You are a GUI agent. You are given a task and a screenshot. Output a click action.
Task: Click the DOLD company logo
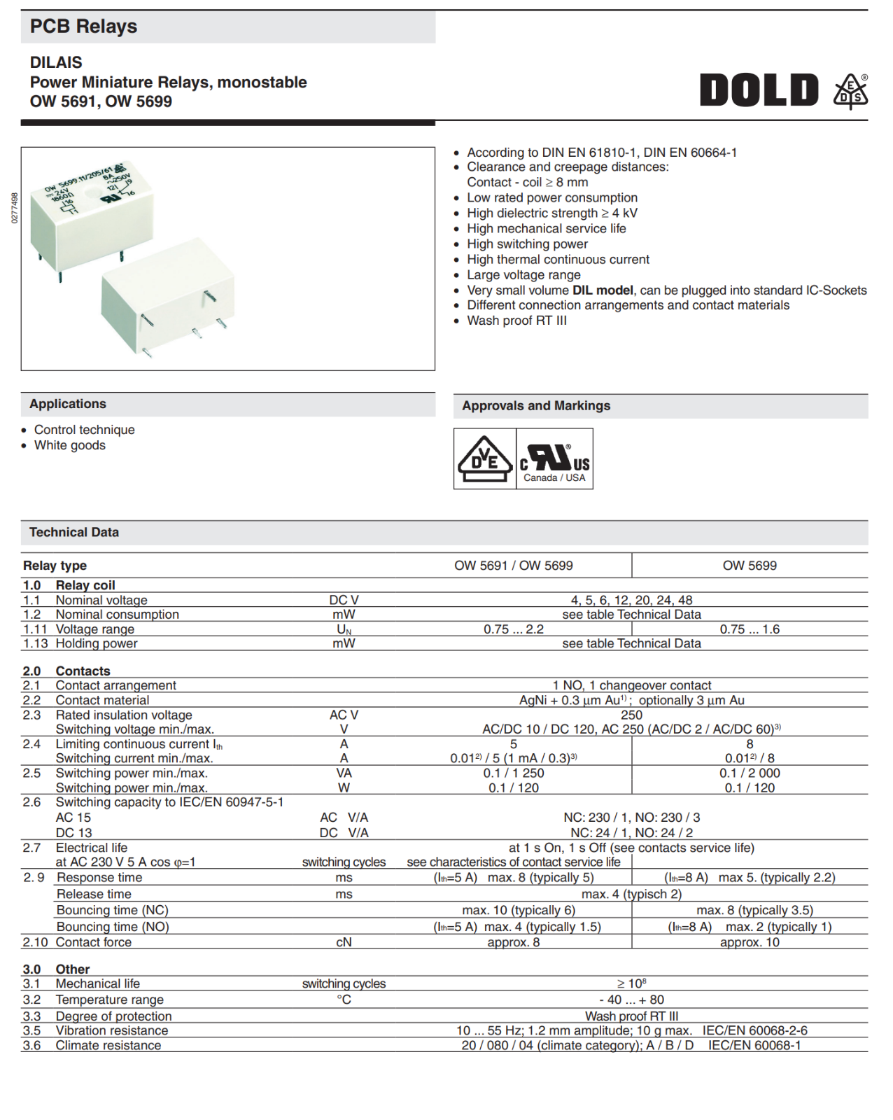[759, 90]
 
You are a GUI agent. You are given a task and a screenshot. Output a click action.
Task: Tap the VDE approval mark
[484, 458]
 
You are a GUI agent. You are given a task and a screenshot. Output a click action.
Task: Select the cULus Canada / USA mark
[554, 459]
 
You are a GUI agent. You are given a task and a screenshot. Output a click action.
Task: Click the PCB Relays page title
[83, 27]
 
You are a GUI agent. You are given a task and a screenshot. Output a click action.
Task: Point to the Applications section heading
[68, 404]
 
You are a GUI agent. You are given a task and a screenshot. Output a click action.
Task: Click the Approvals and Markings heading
[536, 406]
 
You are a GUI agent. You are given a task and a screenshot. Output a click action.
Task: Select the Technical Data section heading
[74, 533]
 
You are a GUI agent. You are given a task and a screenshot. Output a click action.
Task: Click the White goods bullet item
[70, 445]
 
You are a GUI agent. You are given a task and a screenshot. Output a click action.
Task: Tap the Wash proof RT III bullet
[516, 321]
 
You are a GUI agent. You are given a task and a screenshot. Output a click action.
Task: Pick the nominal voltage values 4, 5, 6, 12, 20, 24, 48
[631, 600]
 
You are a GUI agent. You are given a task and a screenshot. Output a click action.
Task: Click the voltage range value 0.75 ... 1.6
[750, 629]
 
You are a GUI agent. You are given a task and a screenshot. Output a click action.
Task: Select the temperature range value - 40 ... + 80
[631, 1000]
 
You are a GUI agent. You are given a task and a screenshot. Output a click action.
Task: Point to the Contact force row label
[94, 942]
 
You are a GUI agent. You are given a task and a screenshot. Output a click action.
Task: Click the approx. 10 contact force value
[750, 942]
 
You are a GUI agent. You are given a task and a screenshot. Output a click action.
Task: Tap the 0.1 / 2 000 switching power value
[750, 773]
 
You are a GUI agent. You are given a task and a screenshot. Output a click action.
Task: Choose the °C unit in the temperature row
[344, 1000]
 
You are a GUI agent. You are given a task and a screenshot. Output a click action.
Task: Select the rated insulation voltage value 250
[631, 715]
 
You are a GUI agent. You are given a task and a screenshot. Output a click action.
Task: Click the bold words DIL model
[603, 290]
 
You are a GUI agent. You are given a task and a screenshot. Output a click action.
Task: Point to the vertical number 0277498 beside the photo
[15, 208]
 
